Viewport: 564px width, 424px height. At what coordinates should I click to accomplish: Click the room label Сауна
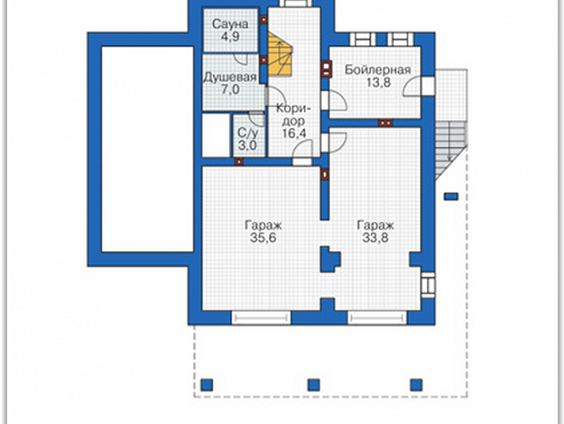point(230,24)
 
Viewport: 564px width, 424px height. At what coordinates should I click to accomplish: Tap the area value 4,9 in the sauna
point(230,37)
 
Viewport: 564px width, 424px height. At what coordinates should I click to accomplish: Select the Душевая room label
point(230,77)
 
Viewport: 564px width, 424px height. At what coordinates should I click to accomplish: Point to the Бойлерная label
point(378,69)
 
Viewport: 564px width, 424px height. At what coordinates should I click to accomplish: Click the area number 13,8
point(378,83)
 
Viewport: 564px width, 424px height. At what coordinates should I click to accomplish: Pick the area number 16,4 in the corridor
point(294,134)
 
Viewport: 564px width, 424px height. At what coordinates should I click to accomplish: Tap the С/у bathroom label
point(248,133)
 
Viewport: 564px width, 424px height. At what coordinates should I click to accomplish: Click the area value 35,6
point(263,238)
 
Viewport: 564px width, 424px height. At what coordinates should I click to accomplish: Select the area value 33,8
point(375,238)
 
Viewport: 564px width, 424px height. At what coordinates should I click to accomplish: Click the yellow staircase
point(279,54)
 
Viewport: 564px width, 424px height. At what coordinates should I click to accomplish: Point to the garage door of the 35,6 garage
point(262,318)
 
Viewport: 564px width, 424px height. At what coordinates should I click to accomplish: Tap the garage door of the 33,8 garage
point(377,318)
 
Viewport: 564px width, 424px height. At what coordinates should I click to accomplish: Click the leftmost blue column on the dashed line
point(206,385)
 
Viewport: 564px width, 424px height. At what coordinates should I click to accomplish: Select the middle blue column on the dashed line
point(314,385)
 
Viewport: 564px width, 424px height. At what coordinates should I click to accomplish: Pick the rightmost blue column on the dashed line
point(416,385)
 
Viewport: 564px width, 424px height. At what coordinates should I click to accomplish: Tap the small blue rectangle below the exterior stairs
point(451,197)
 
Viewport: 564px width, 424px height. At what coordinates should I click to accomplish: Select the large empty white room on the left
point(148,149)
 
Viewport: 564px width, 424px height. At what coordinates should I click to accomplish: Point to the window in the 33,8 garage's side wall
point(428,285)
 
